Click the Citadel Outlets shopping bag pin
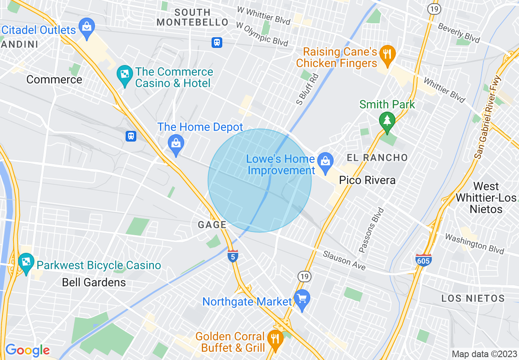pos(87,27)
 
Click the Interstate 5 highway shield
pos(232,255)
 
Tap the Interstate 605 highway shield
pos(423,260)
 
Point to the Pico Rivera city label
pos(367,180)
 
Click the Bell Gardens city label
pos(94,282)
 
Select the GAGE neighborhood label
pos(212,225)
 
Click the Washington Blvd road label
pos(474,243)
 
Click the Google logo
pos(27,350)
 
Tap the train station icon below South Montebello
pos(217,42)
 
